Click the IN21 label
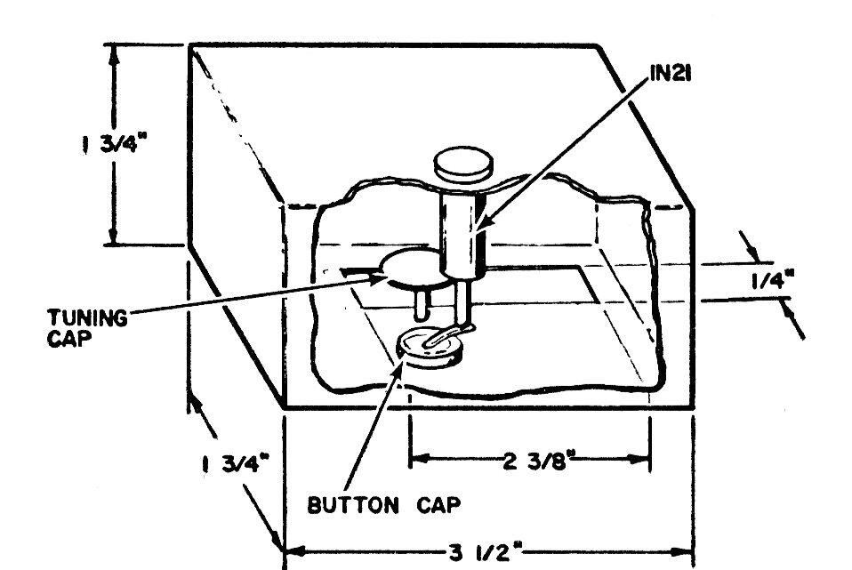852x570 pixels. [x=671, y=73]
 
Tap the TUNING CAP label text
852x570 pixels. [x=87, y=327]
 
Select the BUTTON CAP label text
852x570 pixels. [x=383, y=505]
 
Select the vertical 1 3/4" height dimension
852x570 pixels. [x=115, y=143]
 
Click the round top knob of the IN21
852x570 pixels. [x=463, y=165]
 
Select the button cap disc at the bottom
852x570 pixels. [x=430, y=348]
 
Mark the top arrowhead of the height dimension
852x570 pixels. [x=114, y=54]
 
